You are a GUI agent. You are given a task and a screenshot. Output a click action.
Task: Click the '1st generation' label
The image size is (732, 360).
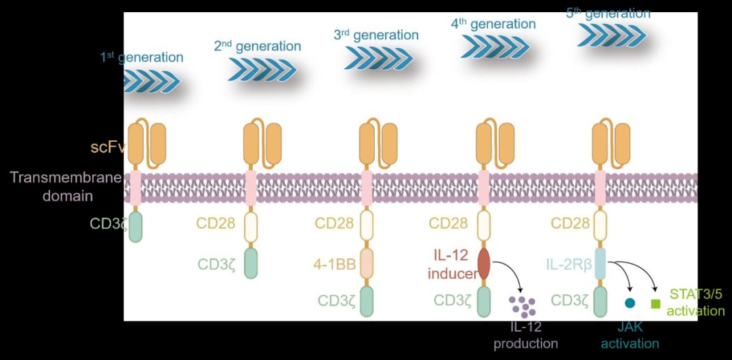coord(142,58)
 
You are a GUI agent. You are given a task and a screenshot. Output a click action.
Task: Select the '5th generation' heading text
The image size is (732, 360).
coord(608,14)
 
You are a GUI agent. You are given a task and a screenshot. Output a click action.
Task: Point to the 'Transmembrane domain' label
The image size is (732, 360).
coord(65,186)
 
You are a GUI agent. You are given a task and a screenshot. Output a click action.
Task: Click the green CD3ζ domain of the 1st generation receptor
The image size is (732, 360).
coord(136,226)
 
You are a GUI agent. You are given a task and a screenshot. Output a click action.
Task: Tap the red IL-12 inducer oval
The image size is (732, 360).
coord(484,264)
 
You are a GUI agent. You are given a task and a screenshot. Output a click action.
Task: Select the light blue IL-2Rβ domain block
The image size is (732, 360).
coord(599,264)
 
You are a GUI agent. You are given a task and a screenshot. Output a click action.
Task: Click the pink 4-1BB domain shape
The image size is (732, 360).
coord(367,264)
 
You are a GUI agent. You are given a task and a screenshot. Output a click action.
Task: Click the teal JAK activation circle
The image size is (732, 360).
coord(630,304)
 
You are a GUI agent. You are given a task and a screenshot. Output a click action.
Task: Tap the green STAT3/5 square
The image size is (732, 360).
coord(656,304)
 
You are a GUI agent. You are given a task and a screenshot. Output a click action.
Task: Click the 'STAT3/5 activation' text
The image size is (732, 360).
coord(695,302)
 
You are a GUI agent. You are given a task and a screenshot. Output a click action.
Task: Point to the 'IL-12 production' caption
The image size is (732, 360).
coord(526,335)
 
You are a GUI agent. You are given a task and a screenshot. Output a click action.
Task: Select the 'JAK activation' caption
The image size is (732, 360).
coord(630,335)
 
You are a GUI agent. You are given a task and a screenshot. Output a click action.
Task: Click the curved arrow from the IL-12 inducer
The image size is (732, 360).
coord(512,270)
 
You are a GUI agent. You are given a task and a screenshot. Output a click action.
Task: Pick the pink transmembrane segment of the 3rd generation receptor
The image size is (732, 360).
coord(367,188)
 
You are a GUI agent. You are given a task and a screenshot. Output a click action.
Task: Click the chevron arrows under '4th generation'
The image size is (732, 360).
coord(495,47)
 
